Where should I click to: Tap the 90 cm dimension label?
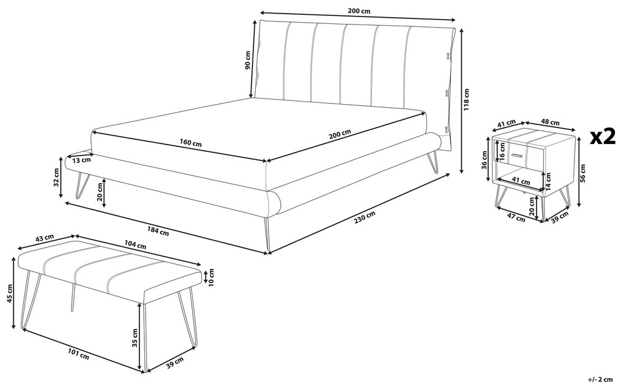(x=248, y=59)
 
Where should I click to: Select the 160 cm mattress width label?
(x=191, y=143)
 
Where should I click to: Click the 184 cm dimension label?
(x=158, y=232)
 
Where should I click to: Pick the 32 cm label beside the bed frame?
(x=56, y=177)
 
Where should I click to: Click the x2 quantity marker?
(x=602, y=137)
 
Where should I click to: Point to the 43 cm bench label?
(x=45, y=237)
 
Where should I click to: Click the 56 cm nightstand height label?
(x=583, y=173)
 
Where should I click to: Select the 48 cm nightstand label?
(x=551, y=123)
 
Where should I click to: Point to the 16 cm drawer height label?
(x=502, y=153)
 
